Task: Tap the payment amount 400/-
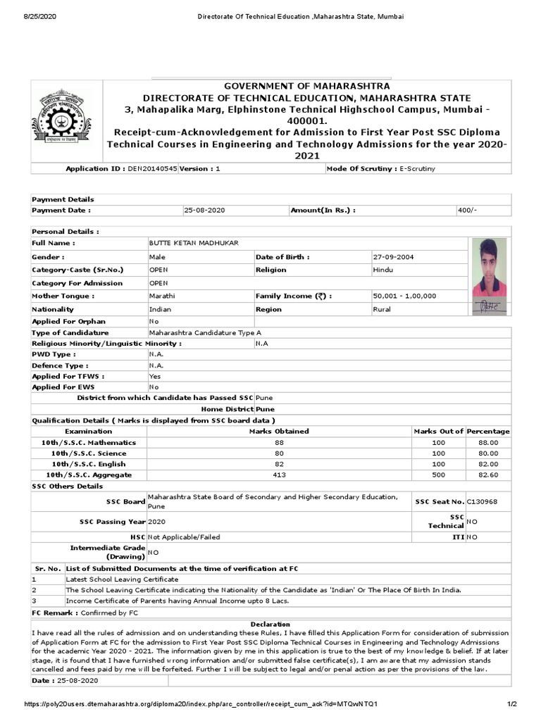point(466,210)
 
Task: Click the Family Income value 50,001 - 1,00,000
point(404,296)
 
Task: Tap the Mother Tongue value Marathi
point(162,296)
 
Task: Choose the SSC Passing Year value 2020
point(158,522)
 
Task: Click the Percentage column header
point(488,431)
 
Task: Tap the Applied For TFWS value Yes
point(154,377)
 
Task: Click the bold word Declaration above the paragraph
point(270,624)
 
